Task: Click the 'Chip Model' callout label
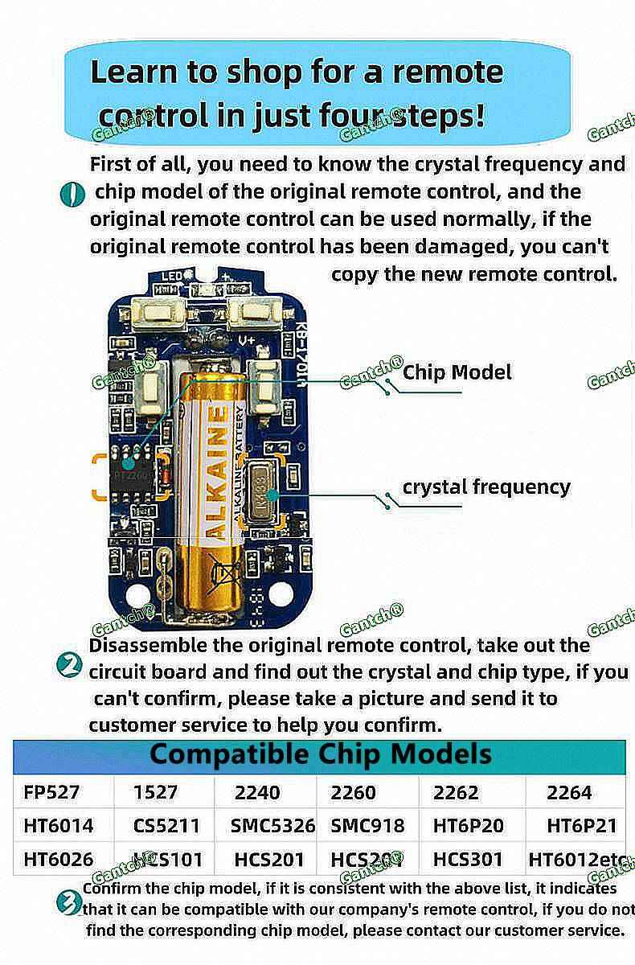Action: click(457, 372)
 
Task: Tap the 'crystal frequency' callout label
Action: click(486, 487)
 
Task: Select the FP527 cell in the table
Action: click(51, 792)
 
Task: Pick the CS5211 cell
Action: click(166, 825)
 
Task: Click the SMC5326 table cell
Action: click(267, 825)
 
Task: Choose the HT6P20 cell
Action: click(468, 825)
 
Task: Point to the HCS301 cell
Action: click(468, 859)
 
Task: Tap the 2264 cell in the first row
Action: click(569, 792)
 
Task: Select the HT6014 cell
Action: click(58, 825)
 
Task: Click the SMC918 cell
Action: click(367, 825)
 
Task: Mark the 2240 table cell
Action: click(257, 792)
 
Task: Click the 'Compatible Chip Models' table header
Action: click(320, 754)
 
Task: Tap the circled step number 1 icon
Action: click(72, 194)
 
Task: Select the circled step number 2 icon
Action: click(71, 666)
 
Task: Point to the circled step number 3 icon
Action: click(69, 901)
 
